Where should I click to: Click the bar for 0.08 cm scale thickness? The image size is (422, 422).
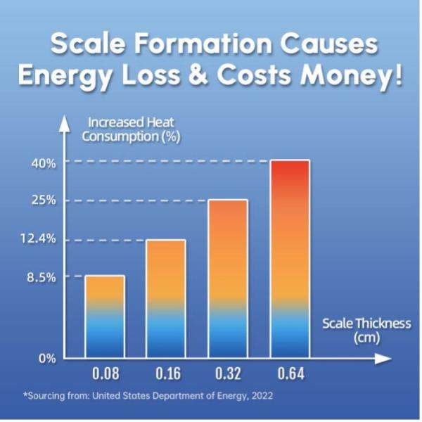(x=105, y=316)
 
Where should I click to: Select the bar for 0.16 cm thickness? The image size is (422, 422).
(x=166, y=299)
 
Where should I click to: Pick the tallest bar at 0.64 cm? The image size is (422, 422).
(x=289, y=260)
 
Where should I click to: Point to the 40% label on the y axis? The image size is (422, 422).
(x=44, y=163)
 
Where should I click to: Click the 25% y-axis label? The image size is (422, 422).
(x=44, y=200)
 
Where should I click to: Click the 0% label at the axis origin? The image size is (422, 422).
(x=46, y=359)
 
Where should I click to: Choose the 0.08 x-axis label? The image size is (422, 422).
(x=105, y=373)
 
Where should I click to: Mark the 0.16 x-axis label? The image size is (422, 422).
(x=166, y=373)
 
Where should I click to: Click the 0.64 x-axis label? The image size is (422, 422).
(x=289, y=373)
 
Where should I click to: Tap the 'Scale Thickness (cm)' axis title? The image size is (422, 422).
(x=366, y=330)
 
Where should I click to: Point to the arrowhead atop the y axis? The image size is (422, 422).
(x=65, y=121)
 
